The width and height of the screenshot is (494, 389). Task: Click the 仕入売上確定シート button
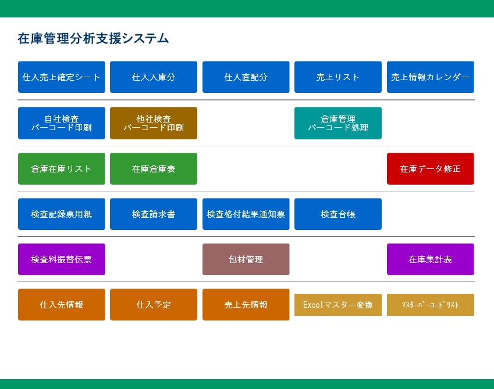coord(62,77)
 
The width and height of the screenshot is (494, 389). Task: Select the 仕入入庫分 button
coord(154,77)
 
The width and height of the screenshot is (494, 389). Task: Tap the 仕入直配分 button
coord(246,77)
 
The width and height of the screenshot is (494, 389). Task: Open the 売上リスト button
coord(338,77)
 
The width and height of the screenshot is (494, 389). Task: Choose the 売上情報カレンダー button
coord(431,77)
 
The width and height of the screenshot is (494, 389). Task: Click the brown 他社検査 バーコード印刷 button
coord(154,123)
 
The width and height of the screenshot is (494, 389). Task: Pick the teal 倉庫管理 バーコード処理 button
coord(338,123)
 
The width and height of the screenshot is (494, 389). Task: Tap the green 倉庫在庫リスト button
coord(62,169)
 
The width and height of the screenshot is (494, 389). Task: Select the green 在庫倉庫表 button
coord(154,169)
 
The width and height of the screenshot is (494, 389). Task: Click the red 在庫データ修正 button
coord(431,169)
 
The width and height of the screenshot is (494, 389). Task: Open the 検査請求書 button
coord(154,214)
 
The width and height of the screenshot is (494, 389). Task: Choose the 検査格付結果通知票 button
coord(246,214)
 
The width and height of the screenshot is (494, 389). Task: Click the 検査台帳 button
coord(338,214)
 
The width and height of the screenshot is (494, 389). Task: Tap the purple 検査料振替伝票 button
coord(62,259)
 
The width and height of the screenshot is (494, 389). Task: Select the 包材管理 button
coord(246,259)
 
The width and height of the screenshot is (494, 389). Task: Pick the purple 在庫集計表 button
coord(431,259)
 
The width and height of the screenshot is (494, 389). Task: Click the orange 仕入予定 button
coord(154,304)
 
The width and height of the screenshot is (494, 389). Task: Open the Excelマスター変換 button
coord(338,305)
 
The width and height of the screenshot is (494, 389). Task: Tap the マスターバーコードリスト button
coord(431,305)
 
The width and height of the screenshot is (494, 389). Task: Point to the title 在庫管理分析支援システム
coord(93,38)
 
